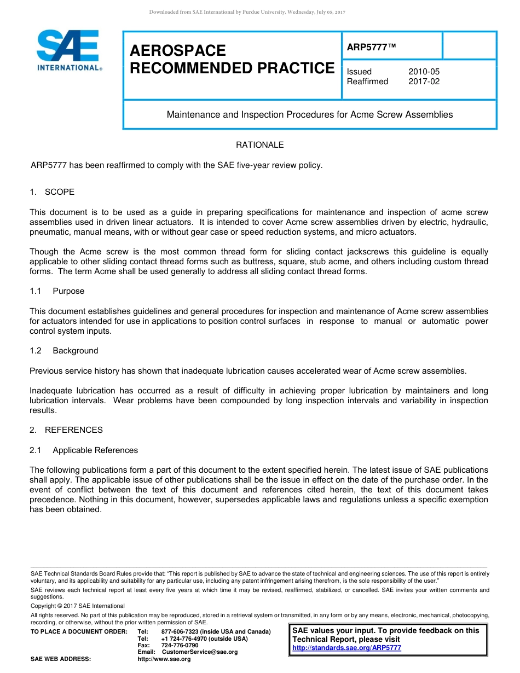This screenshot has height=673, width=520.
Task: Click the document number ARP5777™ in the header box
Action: coord(371,48)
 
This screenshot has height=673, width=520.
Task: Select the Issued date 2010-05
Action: coord(424,72)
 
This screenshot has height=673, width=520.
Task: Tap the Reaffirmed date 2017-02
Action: coord(424,82)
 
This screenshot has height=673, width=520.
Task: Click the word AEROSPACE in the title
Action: coord(178,51)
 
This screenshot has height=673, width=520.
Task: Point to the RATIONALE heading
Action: coord(259,145)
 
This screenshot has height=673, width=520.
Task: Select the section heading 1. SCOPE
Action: coord(52,192)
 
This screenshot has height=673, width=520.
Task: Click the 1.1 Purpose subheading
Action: coord(57,291)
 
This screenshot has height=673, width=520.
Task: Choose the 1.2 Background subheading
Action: coord(64,351)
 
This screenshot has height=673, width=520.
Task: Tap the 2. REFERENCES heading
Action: coord(66,430)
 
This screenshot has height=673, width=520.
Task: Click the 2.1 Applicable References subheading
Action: coord(84,450)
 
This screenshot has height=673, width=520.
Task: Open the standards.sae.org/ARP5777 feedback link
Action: coord(346,648)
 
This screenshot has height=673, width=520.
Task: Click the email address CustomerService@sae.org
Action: coord(200,652)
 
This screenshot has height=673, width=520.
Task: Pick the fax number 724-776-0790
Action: coord(180,646)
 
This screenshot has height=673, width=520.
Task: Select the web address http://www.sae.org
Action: coord(164,659)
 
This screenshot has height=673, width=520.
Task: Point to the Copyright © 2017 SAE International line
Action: coord(78,606)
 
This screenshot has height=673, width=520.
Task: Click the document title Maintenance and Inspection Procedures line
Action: coord(309,115)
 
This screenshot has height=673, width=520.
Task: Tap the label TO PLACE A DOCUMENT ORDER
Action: coord(79,632)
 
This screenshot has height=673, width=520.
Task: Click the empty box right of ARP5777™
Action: coord(469,45)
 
